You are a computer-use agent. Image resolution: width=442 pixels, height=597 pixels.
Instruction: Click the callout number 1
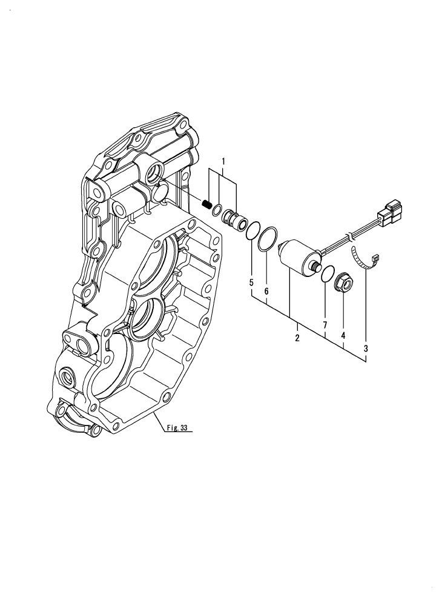tap(223, 162)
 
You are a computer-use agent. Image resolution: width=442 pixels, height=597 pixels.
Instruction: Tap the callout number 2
tap(297, 338)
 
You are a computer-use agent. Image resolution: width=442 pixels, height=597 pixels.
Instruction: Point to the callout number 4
tap(343, 335)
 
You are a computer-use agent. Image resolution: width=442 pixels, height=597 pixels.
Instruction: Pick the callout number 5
tap(251, 282)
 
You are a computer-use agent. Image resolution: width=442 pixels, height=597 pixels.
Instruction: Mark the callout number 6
tap(266, 291)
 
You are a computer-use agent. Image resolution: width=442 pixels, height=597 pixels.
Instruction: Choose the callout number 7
tap(325, 325)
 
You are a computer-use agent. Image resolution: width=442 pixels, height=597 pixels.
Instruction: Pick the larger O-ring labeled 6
tap(268, 239)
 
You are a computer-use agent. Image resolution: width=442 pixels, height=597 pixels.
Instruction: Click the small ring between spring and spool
tap(216, 210)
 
